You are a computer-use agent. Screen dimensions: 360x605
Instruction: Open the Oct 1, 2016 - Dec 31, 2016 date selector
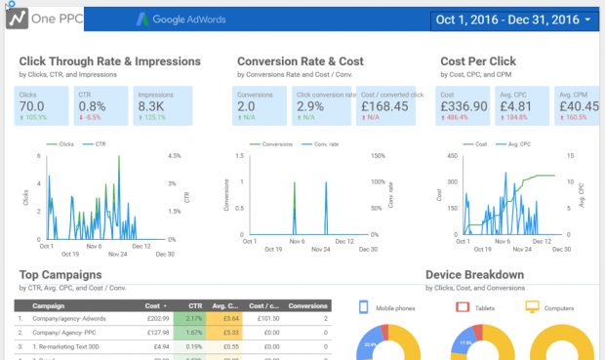(514, 20)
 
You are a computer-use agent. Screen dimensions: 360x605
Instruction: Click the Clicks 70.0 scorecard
(41, 105)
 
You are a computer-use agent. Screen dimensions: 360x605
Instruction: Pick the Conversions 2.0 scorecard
(261, 105)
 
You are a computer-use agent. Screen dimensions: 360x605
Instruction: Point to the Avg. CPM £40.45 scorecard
(578, 105)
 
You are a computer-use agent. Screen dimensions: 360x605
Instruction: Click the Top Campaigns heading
(62, 275)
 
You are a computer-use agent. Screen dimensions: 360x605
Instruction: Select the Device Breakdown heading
(482, 275)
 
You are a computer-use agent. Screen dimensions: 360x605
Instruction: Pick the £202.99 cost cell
(159, 317)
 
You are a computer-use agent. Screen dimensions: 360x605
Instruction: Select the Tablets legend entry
(484, 307)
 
